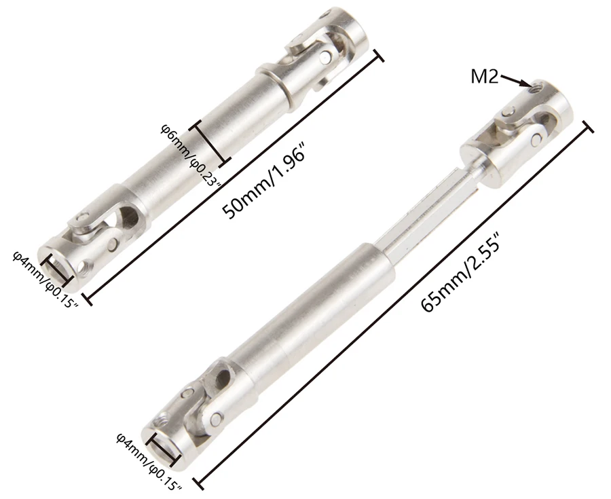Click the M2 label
[484, 77]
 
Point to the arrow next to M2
[516, 80]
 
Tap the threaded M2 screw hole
[538, 85]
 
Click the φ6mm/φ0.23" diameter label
[191, 155]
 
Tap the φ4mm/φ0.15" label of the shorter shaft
[45, 278]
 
